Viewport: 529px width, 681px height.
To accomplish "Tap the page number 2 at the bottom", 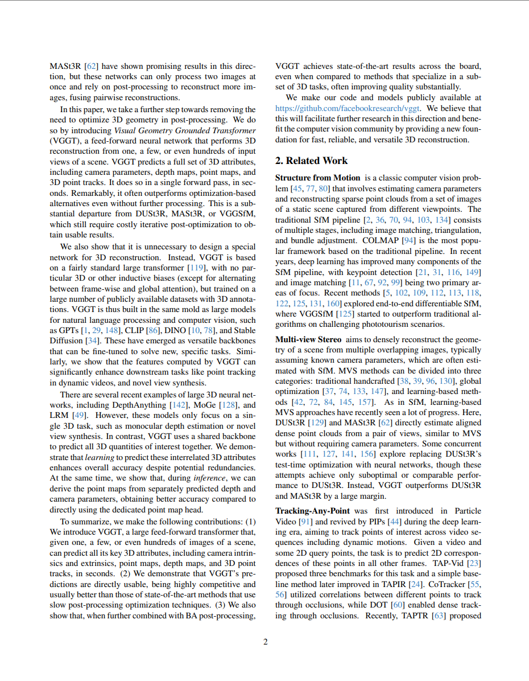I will click(265, 642).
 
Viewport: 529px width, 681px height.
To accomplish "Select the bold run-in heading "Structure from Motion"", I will click(318, 178).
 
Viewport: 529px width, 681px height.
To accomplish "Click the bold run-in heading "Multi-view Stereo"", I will click(308, 339).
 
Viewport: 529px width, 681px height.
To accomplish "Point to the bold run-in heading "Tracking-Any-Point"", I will click(312, 511).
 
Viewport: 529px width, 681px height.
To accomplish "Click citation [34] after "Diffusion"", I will click(93, 340).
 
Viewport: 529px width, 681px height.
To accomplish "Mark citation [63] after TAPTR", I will click(439, 616).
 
